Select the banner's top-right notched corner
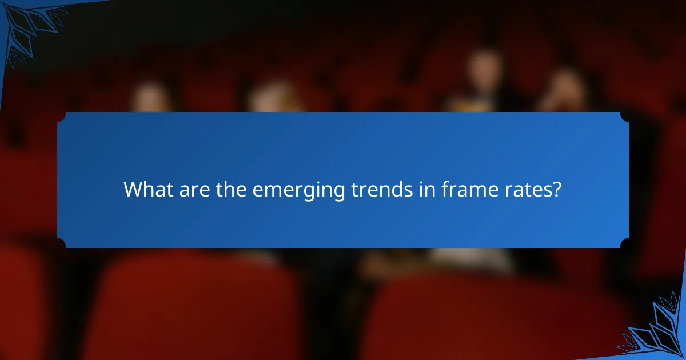[624, 117]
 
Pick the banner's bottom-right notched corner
[624, 243]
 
